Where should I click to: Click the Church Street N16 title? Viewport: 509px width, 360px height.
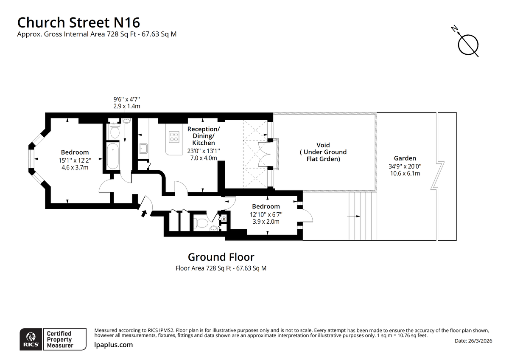78,22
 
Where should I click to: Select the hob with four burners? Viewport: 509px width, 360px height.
174,137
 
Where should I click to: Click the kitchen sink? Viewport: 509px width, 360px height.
143,149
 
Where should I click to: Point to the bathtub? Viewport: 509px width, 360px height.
113,156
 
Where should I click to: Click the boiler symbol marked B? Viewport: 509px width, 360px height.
224,219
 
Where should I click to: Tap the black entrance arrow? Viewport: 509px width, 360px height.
144,213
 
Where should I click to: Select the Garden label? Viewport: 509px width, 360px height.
405,158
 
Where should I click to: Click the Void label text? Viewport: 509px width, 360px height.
323,145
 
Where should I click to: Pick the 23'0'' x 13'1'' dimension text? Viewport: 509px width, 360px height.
204,151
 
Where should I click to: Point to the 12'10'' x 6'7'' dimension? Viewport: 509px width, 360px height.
266,214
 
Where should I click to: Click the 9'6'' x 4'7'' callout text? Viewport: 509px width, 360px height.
127,99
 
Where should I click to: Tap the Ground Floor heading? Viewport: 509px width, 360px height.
221,257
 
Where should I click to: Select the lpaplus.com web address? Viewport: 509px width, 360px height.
114,345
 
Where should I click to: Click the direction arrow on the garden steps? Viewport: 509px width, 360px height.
354,216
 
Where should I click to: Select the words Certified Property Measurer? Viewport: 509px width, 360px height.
60,340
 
